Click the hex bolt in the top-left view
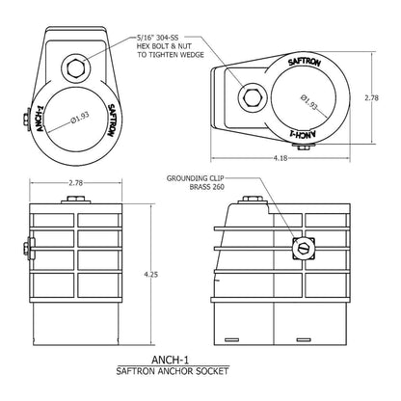point(74,67)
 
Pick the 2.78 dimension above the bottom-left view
point(74,181)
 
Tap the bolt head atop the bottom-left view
point(75,200)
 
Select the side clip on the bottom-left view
point(30,254)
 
